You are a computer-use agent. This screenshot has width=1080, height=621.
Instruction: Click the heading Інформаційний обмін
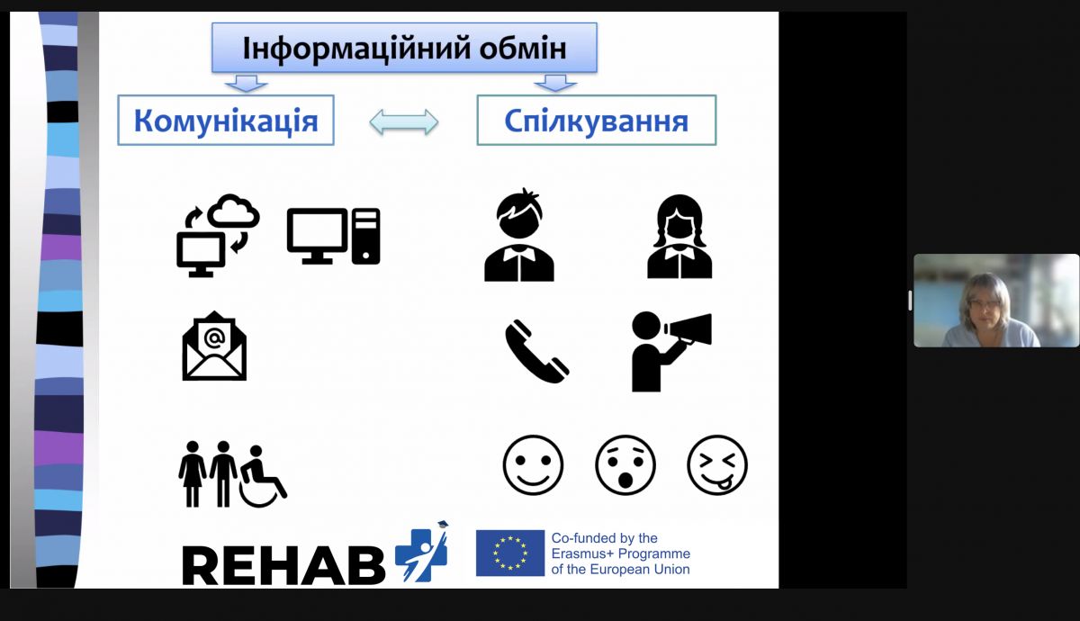tap(404, 49)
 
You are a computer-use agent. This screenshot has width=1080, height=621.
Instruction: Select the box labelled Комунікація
tap(226, 120)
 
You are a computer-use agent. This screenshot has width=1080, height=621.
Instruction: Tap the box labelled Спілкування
tap(597, 120)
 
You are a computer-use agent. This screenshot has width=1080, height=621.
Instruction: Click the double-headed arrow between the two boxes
tap(404, 122)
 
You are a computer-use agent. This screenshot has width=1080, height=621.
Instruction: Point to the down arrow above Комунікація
tap(246, 84)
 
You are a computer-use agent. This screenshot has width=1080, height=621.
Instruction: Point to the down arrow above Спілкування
tap(555, 84)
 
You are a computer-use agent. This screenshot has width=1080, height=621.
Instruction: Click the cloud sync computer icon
tap(218, 235)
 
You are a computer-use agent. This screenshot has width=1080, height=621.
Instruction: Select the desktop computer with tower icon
tap(333, 236)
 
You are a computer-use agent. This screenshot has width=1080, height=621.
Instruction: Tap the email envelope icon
tap(214, 346)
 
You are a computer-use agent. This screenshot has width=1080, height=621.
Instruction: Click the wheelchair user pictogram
tap(262, 476)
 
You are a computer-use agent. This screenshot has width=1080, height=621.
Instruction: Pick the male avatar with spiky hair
tap(519, 235)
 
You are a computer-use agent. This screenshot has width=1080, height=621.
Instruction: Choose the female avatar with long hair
tap(679, 236)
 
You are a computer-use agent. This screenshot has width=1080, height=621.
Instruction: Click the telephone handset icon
tap(536, 350)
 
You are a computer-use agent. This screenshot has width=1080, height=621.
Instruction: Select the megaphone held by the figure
tap(688, 328)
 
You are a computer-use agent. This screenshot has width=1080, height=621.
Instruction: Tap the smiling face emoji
tap(533, 465)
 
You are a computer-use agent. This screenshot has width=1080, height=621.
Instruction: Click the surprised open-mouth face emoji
tap(625, 465)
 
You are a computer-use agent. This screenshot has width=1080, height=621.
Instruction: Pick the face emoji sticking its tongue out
tap(717, 465)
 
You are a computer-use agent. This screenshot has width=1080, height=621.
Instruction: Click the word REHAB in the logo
tap(283, 565)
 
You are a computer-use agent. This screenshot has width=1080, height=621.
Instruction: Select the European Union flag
tap(510, 553)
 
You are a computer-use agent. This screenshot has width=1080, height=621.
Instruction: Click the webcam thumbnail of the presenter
tap(996, 301)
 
